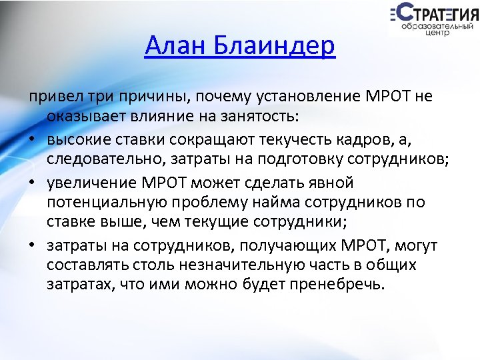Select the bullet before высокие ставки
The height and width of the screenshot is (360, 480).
[x=31, y=140]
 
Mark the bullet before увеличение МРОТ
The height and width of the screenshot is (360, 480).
[x=31, y=183]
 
